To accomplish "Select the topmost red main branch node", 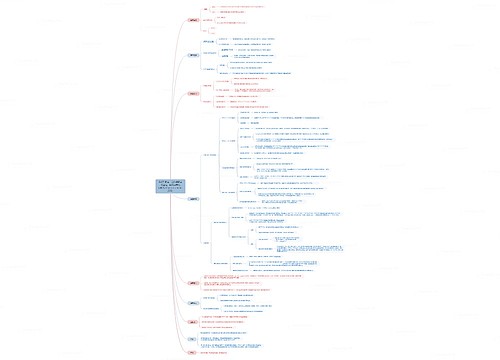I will [193, 19].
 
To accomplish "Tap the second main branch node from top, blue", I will [193, 55].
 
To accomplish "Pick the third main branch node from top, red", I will [193, 92].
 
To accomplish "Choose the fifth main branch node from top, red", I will [193, 282].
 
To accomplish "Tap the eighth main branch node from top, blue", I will [193, 340].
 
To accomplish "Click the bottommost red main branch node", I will [193, 353].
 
